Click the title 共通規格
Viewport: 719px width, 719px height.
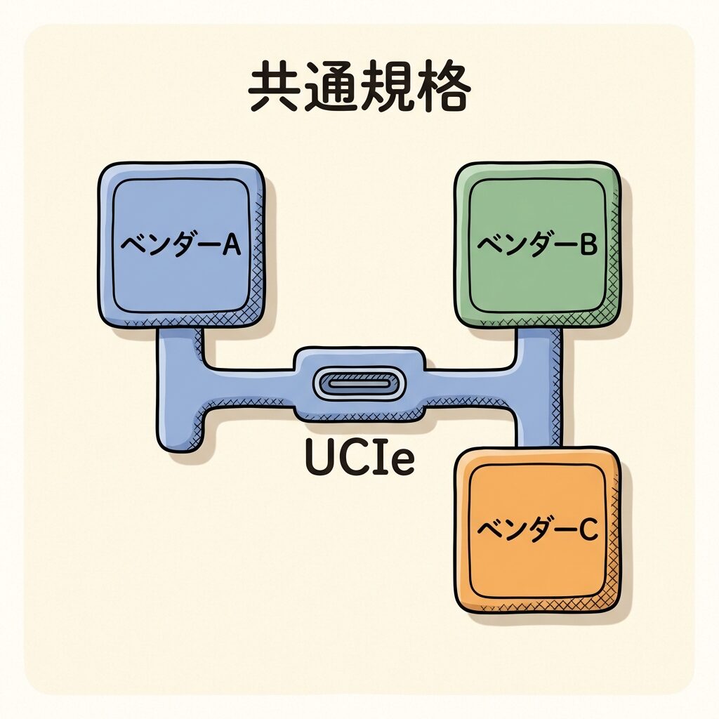coord(359,89)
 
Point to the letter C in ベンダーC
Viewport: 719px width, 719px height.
coord(587,531)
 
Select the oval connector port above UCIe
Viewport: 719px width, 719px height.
coord(359,384)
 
